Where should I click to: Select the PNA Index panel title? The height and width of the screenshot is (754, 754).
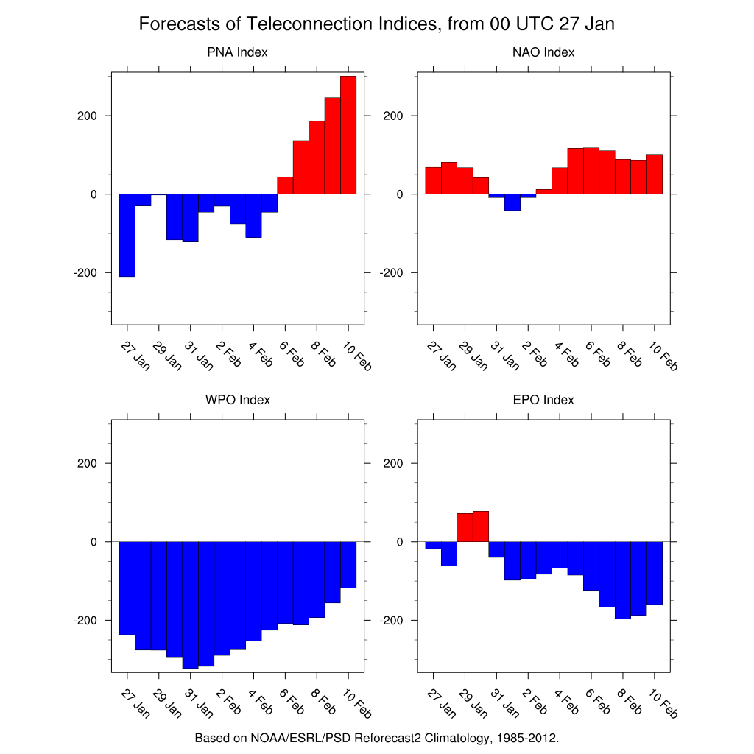point(237,52)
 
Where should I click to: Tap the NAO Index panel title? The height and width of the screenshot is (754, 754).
point(543,52)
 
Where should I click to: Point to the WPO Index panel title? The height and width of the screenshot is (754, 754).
point(237,400)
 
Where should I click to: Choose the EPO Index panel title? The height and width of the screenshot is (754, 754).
point(543,400)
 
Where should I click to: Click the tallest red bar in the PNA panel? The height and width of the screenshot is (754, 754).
point(348,135)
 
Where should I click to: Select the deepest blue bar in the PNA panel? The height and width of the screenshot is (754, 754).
point(127,235)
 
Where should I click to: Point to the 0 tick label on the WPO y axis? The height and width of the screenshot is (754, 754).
point(93,542)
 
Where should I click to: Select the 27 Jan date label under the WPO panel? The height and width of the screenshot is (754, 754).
point(134,705)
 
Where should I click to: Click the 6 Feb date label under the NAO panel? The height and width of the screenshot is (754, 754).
point(598,354)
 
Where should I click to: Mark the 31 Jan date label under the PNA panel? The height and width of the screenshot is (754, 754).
point(197,354)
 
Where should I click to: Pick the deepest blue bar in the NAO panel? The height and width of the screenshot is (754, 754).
point(512,202)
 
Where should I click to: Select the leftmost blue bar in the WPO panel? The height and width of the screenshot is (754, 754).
point(127,588)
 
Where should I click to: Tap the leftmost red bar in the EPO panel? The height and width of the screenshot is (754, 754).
point(465,527)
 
